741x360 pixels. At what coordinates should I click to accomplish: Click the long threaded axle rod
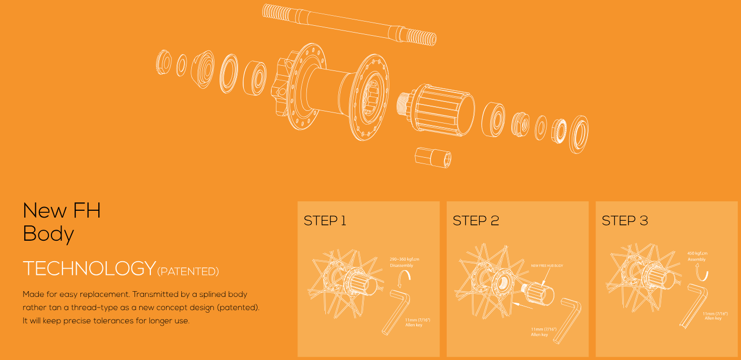(x=349, y=25)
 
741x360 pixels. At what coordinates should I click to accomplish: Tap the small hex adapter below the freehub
(x=433, y=158)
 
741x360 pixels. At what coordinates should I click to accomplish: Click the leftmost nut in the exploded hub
(x=164, y=62)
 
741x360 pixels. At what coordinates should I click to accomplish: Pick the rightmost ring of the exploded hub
(x=579, y=135)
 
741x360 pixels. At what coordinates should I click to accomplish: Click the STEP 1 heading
(x=325, y=221)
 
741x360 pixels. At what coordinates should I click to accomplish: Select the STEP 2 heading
(x=476, y=221)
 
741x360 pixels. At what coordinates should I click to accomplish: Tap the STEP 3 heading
(x=625, y=221)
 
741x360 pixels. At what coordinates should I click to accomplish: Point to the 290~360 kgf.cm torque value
(x=404, y=260)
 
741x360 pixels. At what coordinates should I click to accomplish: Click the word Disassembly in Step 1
(x=402, y=265)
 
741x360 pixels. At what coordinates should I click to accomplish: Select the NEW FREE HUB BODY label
(x=547, y=266)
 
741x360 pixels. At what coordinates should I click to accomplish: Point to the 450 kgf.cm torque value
(x=697, y=253)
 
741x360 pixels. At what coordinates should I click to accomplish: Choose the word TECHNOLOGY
(x=89, y=268)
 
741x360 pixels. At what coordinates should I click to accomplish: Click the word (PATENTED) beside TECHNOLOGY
(x=188, y=272)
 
